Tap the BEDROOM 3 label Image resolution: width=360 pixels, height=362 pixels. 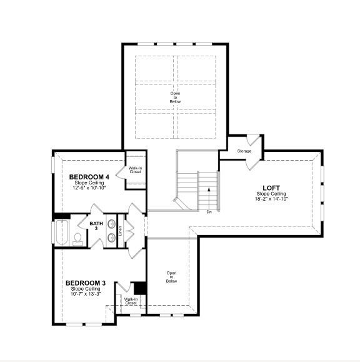point(86,283)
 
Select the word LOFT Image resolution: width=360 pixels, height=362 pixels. point(271,188)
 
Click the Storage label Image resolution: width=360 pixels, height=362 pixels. point(244,151)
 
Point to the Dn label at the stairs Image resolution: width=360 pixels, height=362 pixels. point(209,212)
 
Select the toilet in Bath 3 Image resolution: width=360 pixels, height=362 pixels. point(78,238)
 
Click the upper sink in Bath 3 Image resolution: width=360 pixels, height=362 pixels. point(111,224)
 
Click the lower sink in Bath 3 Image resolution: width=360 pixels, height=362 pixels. point(111,237)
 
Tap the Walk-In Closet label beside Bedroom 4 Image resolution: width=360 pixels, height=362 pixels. point(135,169)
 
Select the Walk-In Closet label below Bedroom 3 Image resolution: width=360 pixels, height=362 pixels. point(131,301)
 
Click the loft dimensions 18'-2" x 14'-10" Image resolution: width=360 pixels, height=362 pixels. point(271,199)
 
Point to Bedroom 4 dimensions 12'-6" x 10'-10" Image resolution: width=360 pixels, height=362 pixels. point(89,188)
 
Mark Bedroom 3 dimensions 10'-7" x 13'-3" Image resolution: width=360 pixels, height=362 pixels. point(86,293)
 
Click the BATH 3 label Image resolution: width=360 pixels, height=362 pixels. point(96,226)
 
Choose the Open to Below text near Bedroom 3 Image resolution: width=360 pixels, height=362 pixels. point(171,277)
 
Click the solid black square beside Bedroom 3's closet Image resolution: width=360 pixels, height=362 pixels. point(140,288)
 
